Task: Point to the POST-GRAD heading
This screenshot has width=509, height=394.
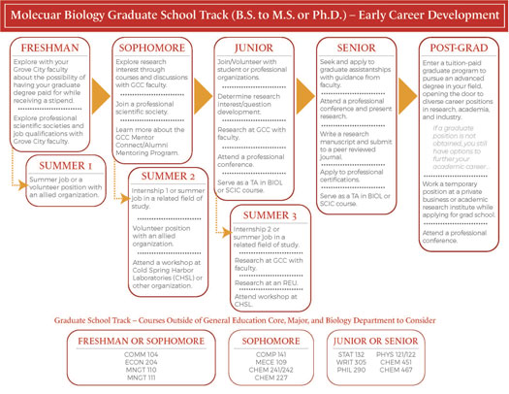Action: point(459,47)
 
